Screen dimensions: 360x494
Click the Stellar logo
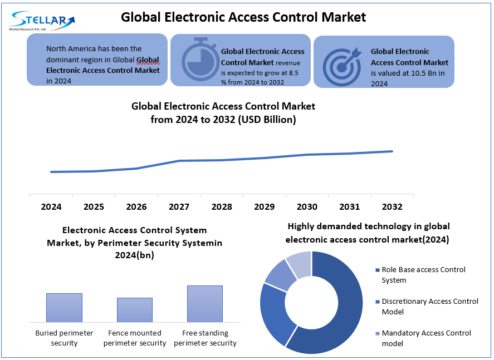click(42, 21)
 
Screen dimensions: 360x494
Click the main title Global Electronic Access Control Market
click(243, 17)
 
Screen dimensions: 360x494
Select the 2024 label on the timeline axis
click(51, 207)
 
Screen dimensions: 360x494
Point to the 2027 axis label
click(179, 207)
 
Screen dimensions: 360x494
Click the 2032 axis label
click(392, 207)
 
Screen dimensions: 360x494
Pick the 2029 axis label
click(264, 207)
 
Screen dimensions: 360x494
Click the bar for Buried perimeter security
click(64, 307)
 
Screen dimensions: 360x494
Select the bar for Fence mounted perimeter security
click(134, 309)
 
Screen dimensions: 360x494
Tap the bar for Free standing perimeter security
click(205, 303)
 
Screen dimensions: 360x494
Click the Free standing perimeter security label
click(205, 338)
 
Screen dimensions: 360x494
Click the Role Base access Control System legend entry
click(423, 275)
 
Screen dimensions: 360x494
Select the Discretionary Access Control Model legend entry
click(429, 307)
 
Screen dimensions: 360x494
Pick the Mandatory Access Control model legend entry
click(425, 338)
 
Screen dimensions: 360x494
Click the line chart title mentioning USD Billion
click(223, 112)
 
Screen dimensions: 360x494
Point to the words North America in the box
click(71, 49)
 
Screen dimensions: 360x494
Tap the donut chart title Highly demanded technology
click(368, 233)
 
